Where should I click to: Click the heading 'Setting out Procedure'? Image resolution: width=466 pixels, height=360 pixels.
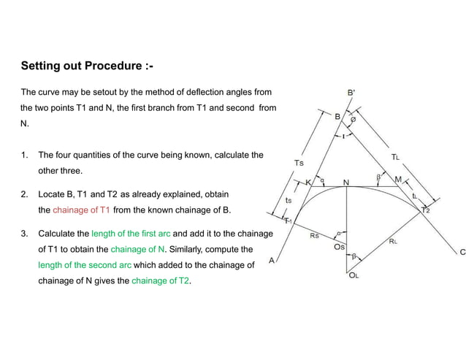coord(87,66)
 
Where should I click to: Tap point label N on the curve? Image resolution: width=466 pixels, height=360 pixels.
coord(345,181)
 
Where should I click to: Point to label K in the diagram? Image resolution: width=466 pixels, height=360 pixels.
coord(308,182)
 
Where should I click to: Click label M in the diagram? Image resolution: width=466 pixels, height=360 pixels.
coord(398,179)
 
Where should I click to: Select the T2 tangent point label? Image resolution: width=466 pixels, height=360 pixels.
coord(425,210)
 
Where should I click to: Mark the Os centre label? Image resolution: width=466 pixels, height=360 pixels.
coord(339,248)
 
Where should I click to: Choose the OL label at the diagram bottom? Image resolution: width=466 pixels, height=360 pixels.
coord(354,275)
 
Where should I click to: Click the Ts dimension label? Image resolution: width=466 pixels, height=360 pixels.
coord(298,162)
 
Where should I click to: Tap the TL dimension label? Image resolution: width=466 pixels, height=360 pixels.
coord(395,156)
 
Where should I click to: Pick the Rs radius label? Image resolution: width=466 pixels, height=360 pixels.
coord(314,236)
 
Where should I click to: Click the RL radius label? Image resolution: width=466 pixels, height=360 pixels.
coord(393,240)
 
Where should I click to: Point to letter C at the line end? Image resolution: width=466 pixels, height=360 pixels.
coord(462,252)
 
